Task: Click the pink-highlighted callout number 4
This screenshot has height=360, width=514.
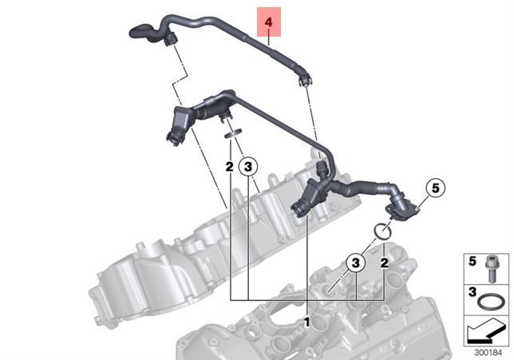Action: click(270, 24)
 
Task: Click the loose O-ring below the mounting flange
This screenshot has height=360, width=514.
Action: click(382, 231)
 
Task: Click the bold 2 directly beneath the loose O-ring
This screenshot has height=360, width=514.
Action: click(384, 262)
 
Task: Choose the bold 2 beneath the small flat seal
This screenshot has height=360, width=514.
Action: click(229, 166)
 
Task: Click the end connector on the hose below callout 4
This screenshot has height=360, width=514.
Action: click(302, 78)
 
